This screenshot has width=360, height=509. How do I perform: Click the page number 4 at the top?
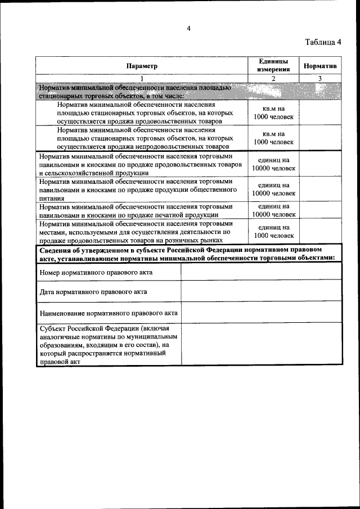tap(189, 29)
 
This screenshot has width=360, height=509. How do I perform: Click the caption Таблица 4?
tap(323, 42)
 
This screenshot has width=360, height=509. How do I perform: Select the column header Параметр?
tap(142, 66)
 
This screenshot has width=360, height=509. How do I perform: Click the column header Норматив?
tap(319, 66)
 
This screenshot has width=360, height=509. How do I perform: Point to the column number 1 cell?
tap(142, 78)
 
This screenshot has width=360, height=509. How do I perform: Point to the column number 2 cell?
tap(273, 78)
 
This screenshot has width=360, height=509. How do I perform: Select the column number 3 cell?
tap(319, 78)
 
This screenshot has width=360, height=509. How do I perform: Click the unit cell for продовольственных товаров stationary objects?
tap(273, 112)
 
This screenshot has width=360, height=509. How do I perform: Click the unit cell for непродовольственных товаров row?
tap(273, 138)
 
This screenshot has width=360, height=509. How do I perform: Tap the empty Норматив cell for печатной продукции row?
tap(319, 210)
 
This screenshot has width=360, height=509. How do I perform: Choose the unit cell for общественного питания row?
tap(273, 189)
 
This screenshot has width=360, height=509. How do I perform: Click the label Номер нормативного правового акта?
tap(96, 272)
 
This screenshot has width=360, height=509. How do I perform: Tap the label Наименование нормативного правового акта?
tap(109, 313)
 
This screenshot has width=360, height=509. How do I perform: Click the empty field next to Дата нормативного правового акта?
tap(260, 291)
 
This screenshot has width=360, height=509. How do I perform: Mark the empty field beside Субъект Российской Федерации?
tap(260, 344)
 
